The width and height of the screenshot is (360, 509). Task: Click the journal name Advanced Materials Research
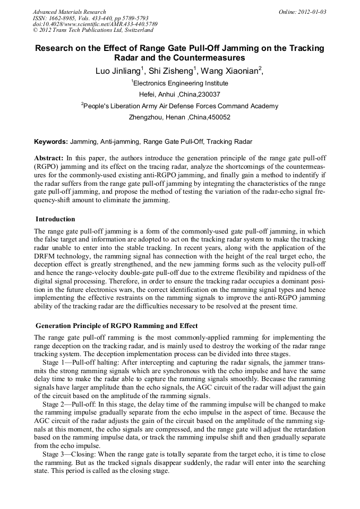point(69,11)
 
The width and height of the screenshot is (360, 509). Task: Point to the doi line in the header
point(95,24)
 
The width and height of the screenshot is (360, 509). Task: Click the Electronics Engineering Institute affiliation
point(180,83)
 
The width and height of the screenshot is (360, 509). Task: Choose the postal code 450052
point(219,117)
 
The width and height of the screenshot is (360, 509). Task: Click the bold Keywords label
point(51,142)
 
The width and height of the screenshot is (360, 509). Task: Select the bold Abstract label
point(49,158)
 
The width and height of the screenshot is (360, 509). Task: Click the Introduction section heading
point(55,219)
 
